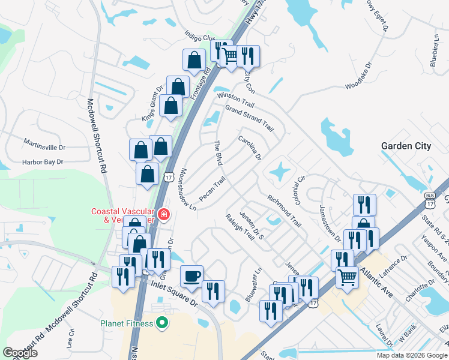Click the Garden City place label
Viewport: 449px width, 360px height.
coord(406,146)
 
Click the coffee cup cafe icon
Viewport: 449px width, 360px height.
coord(191,277)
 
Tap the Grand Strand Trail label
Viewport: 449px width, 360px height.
coord(249,119)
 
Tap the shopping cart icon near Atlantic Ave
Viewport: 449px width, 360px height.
coord(348,277)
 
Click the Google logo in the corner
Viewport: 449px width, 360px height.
coord(20,353)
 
